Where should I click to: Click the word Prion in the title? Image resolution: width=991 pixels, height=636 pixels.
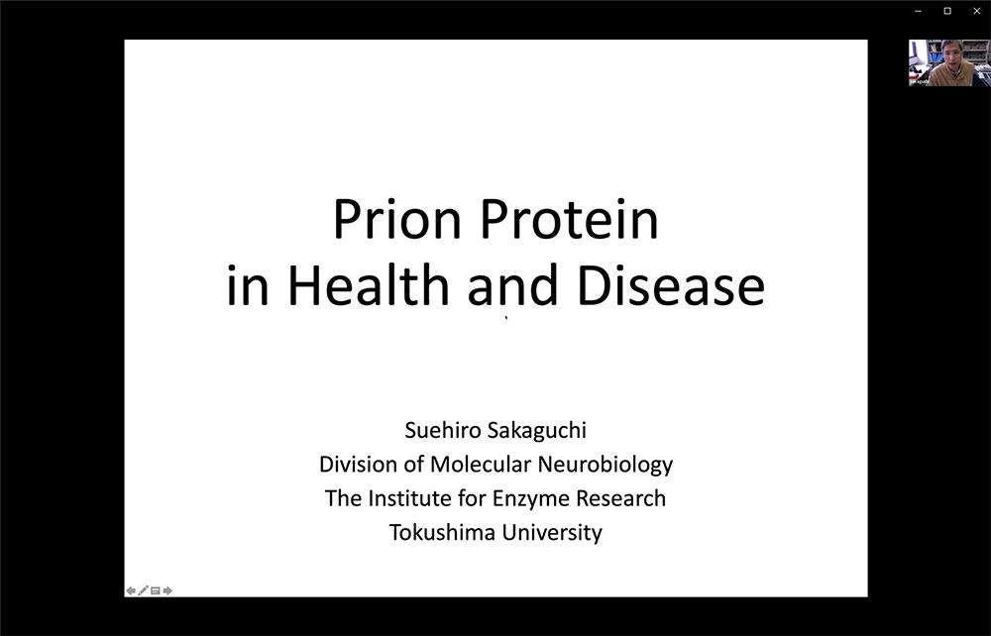tap(397, 219)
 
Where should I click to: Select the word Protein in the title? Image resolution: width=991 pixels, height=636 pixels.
tap(570, 219)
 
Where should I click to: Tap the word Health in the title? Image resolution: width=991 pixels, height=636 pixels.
tap(369, 285)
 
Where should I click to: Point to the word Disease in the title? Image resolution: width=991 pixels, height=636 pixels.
tap(671, 285)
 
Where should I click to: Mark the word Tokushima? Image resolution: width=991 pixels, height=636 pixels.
tap(442, 532)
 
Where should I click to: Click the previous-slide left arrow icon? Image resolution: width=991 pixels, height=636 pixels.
tap(130, 590)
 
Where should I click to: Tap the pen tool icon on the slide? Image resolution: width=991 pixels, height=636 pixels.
tap(143, 590)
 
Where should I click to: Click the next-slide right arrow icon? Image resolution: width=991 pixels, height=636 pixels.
tap(167, 590)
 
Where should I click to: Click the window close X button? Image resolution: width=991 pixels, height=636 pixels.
tap(976, 11)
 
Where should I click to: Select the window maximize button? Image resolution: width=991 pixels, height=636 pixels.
tap(947, 11)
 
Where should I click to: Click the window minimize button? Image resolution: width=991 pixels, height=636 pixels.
tap(918, 11)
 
